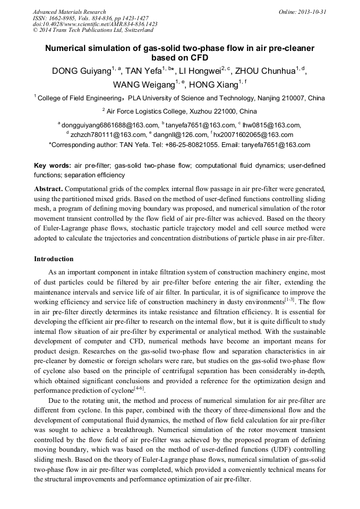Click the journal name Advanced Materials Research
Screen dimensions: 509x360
coord(69,12)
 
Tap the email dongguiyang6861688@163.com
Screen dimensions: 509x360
coord(110,125)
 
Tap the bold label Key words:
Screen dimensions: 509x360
coord(52,166)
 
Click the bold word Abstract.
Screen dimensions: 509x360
coord(48,189)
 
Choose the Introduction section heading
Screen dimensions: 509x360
coord(54,259)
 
